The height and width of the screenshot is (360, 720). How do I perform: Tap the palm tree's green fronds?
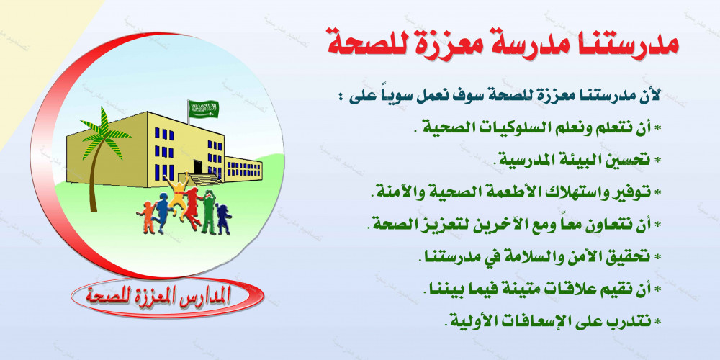[104, 134]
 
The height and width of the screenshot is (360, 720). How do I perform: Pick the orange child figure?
[148, 217]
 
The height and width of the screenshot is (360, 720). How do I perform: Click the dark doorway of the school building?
[198, 166]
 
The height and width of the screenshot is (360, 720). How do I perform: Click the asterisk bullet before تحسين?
[657, 161]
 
